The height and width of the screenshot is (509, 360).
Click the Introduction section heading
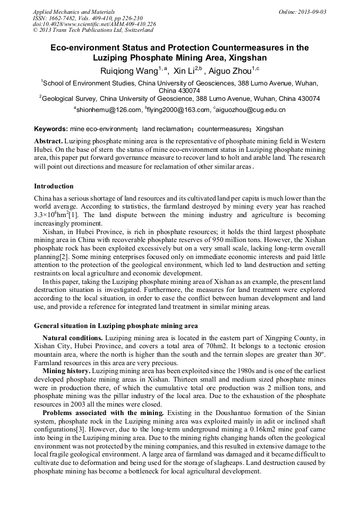pyautogui.click(x=54, y=186)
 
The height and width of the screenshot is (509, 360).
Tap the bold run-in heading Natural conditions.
pyautogui.click(x=73, y=338)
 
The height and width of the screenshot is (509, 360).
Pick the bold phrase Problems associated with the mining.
pyautogui.click(x=104, y=412)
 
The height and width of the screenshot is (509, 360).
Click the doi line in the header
pyautogui.click(x=95, y=24)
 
